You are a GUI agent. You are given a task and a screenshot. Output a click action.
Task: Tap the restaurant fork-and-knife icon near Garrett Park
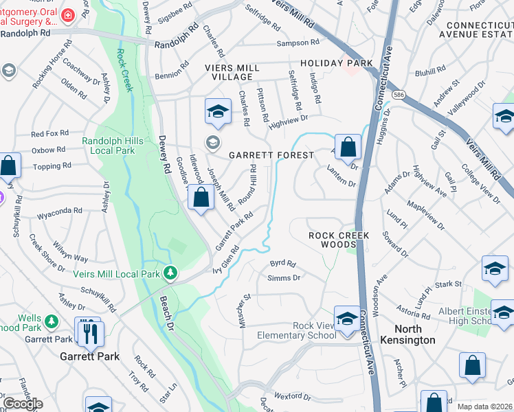pos(89,333)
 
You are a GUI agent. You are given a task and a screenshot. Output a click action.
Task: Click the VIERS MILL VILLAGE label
pos(232,73)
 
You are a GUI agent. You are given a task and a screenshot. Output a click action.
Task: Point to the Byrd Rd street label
pos(282,263)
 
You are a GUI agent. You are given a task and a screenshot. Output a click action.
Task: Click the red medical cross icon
pos(69,15)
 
